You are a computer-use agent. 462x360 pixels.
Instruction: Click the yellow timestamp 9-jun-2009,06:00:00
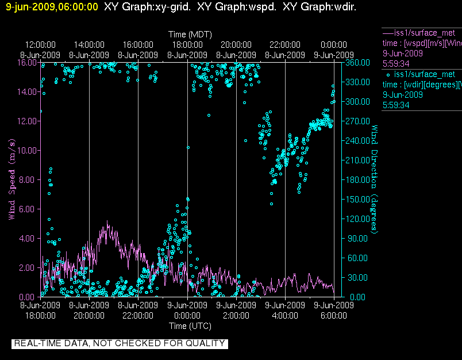tap(52, 7)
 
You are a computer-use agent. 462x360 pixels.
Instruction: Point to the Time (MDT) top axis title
tap(188, 35)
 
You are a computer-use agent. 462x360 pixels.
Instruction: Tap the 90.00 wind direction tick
tap(356, 238)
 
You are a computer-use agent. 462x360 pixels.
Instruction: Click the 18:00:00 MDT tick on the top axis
tap(187, 45)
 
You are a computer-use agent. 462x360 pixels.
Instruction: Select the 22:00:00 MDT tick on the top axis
tap(286, 45)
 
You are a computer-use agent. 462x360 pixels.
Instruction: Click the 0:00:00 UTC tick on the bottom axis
tap(187, 315)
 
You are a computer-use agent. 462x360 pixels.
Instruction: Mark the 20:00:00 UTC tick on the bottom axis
tap(89, 315)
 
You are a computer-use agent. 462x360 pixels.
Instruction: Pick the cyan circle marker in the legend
tap(388, 75)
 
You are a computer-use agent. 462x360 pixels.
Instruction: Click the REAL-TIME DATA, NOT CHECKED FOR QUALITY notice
tap(120, 343)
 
